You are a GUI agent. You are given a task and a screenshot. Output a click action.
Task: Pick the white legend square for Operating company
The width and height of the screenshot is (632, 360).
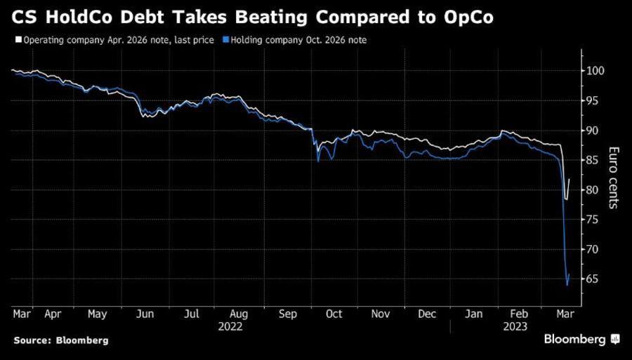(18, 41)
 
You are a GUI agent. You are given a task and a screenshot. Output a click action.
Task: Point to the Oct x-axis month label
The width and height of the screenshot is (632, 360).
(334, 315)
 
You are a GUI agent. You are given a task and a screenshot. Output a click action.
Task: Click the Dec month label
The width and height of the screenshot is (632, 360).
(428, 315)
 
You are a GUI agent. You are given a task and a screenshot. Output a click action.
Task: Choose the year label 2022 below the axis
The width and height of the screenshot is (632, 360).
(230, 327)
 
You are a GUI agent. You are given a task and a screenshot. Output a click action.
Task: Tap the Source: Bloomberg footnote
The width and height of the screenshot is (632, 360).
(61, 340)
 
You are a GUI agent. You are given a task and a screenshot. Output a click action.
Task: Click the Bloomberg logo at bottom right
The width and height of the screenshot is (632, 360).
(581, 340)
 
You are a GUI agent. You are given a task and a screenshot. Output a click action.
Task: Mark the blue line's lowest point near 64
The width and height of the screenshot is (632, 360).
(567, 286)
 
